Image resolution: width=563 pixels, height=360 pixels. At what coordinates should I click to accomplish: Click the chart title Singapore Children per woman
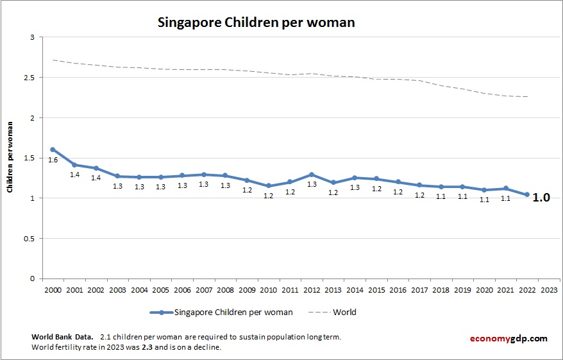[256, 22]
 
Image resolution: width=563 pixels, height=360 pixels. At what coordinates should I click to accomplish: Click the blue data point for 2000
[53, 150]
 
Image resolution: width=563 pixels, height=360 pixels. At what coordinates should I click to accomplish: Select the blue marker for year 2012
[312, 175]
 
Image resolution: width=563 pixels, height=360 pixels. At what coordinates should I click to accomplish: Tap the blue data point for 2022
[528, 194]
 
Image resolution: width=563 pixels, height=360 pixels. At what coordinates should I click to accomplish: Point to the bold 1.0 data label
[542, 198]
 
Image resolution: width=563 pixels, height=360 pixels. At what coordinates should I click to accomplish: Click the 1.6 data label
[53, 160]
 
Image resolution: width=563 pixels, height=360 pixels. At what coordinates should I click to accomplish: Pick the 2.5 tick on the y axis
[29, 78]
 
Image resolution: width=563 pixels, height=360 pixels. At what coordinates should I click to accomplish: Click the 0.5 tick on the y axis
[29, 239]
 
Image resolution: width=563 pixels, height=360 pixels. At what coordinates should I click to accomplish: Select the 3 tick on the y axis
[31, 37]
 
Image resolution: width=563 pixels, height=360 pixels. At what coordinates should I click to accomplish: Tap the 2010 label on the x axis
[269, 289]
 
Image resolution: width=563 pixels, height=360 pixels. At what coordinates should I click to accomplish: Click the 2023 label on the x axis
[550, 289]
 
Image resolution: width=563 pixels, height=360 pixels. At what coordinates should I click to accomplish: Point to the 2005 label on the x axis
[160, 289]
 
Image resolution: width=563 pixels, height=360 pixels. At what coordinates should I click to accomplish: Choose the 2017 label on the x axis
[420, 289]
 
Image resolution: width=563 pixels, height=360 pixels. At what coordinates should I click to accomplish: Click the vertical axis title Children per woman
[10, 158]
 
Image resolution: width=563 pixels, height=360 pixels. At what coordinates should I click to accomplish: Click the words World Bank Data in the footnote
[61, 337]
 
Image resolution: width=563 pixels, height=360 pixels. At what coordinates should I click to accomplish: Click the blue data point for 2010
[269, 186]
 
